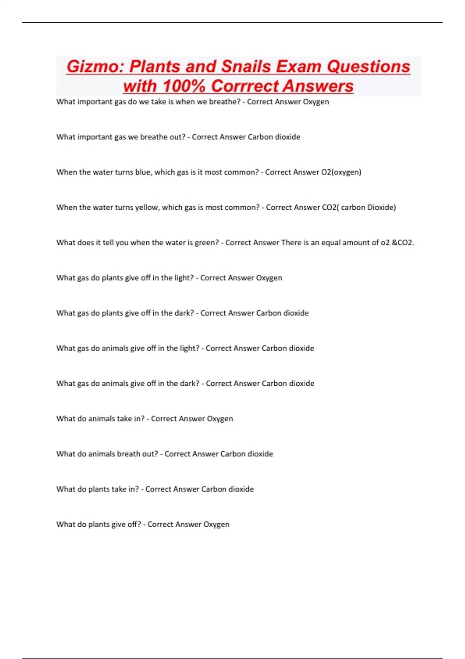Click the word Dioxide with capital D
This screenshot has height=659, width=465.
[381, 207]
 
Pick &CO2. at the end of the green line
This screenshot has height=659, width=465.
[403, 243]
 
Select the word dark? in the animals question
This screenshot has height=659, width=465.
[189, 383]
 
